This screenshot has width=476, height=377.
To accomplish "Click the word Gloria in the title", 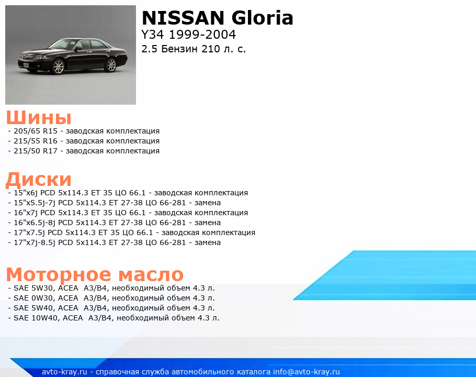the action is [262, 18].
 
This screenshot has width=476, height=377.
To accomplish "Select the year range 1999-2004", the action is [202, 35].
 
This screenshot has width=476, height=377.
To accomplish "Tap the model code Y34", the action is [152, 35].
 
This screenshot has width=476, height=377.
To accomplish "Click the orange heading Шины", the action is [39, 117].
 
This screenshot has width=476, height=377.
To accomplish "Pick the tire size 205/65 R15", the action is [36, 131].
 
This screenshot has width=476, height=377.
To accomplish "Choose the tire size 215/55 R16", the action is [36, 141].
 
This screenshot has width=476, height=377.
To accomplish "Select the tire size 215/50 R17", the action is [36, 151].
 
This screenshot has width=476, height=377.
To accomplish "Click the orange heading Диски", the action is [39, 180].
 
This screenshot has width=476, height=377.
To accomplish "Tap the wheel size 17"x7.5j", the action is [29, 232].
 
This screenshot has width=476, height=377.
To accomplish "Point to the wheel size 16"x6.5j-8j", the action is [35, 223].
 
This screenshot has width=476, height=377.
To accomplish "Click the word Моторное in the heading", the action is [59, 274].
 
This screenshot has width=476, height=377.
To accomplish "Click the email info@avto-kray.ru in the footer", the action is [307, 372].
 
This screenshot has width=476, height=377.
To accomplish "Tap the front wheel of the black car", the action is [58, 66].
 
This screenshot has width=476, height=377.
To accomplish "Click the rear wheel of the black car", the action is [111, 65].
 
